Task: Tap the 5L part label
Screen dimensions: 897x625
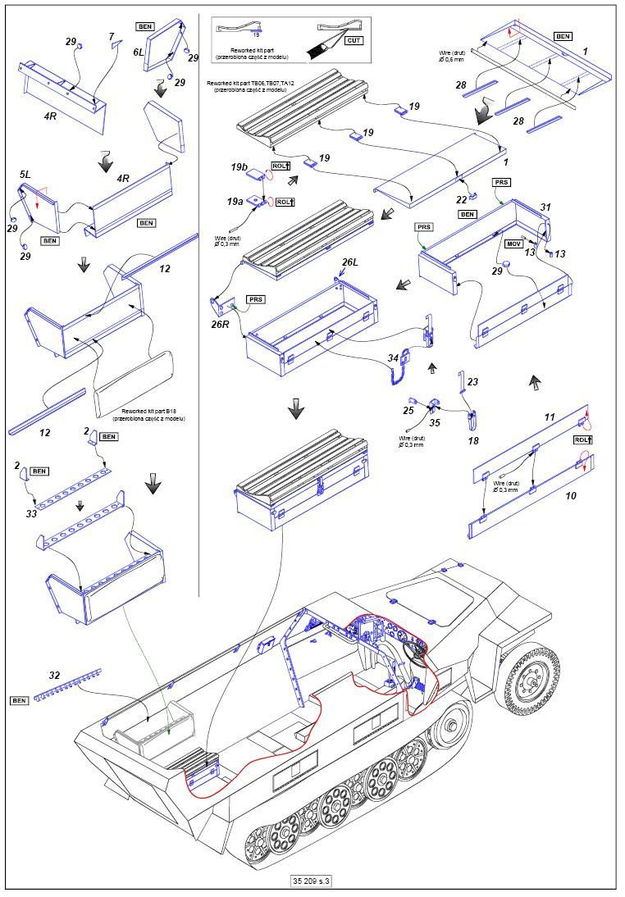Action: coord(25,175)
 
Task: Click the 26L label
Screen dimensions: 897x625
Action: coord(349,262)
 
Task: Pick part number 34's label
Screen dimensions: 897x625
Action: coord(394,357)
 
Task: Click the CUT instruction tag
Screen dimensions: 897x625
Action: coord(354,39)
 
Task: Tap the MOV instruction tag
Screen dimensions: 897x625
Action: coord(514,244)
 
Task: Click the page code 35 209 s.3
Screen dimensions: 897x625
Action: coord(312,881)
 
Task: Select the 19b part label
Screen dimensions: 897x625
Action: coord(240,166)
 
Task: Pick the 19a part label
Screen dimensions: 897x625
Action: coord(236,201)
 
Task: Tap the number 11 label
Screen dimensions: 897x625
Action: coord(550,417)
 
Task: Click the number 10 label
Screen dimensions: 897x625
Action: coord(571,495)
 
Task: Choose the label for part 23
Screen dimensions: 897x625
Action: coord(472,381)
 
